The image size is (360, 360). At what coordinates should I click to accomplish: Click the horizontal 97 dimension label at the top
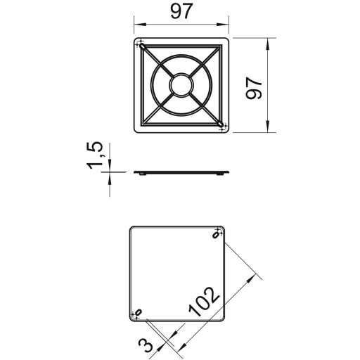pyautogui.click(x=181, y=11)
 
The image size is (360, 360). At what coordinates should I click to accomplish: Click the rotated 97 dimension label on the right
pyautogui.click(x=254, y=88)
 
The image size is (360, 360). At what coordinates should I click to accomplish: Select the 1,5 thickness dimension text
pyautogui.click(x=95, y=155)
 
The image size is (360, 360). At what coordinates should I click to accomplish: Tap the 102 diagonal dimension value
pyautogui.click(x=204, y=302)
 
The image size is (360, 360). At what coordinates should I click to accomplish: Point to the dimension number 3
pyautogui.click(x=146, y=345)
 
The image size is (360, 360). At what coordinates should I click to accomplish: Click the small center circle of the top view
pyautogui.click(x=181, y=85)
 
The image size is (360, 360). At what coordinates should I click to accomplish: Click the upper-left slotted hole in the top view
pyautogui.click(x=143, y=47)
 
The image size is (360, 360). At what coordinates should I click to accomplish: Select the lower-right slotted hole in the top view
pyautogui.click(x=220, y=124)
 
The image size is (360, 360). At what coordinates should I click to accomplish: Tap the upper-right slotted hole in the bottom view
pyautogui.click(x=215, y=235)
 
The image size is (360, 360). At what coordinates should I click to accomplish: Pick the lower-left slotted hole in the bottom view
pyautogui.click(x=139, y=312)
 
